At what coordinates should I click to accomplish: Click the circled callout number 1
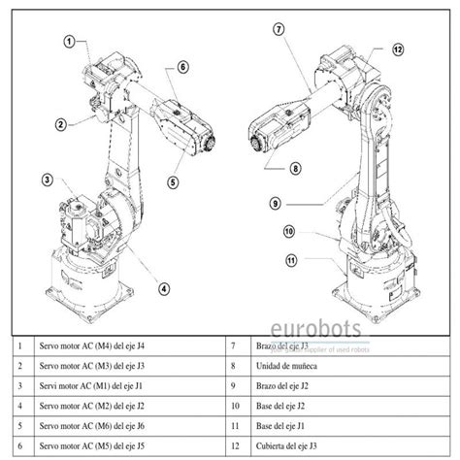tap(70, 41)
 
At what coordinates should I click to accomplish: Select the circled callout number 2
tap(60, 124)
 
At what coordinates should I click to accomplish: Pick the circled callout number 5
tap(173, 181)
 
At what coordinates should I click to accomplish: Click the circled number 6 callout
tap(181, 67)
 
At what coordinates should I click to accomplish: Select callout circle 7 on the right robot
tap(279, 29)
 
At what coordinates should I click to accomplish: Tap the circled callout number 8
tap(295, 167)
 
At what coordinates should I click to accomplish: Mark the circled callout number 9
tap(276, 204)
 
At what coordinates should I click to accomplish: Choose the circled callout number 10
tap(288, 231)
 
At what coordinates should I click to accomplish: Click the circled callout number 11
tap(291, 259)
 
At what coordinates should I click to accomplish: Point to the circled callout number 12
tap(398, 48)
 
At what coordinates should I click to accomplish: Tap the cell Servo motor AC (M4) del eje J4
tap(92, 345)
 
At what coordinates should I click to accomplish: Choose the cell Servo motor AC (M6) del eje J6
tap(92, 425)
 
